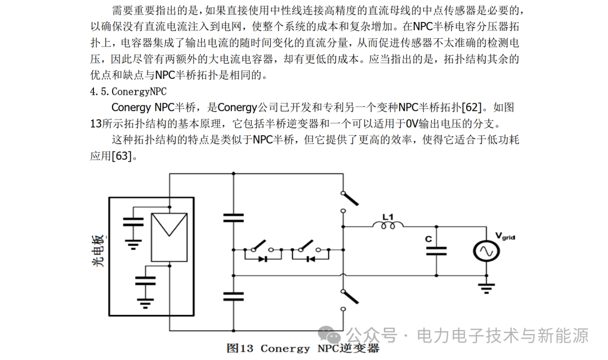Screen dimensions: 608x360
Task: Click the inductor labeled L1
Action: (x=388, y=225)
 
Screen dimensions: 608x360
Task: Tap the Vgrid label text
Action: (x=505, y=236)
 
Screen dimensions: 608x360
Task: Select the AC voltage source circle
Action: (x=486, y=251)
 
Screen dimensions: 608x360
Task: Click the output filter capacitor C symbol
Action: (x=436, y=251)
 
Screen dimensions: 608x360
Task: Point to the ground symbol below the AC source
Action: (x=486, y=288)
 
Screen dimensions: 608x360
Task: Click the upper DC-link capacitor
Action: (x=234, y=217)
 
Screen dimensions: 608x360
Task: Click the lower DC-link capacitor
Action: (x=234, y=297)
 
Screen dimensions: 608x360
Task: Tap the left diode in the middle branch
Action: (x=263, y=259)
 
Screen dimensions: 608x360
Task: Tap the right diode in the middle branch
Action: (x=311, y=259)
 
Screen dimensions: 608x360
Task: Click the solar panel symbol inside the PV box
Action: (x=169, y=237)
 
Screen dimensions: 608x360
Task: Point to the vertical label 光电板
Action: (x=99, y=251)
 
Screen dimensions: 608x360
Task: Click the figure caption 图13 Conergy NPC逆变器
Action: (x=303, y=348)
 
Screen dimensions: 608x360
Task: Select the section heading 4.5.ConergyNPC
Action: (x=128, y=92)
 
